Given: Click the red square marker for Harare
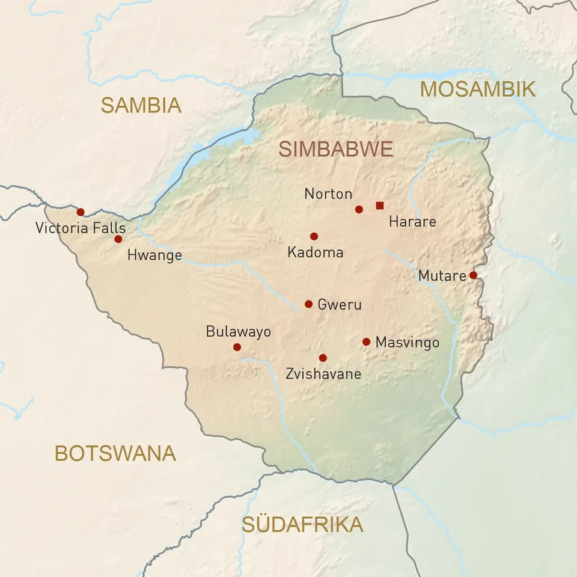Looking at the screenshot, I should (x=379, y=206).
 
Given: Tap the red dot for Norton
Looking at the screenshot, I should (x=359, y=209).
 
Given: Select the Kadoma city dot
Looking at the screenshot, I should (x=314, y=236).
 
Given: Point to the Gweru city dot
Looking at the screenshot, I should (x=308, y=304).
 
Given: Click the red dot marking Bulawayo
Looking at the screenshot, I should (x=237, y=347).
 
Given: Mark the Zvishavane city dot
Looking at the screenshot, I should (x=323, y=358).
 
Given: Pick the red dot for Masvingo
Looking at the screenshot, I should (x=366, y=341).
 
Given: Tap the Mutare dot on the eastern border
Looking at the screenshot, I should (x=473, y=275).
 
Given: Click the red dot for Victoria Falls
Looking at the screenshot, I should (x=81, y=212).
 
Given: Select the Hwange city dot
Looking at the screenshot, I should (x=118, y=239).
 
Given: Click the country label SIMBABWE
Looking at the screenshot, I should (x=336, y=149).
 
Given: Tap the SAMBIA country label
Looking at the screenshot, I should (x=141, y=105).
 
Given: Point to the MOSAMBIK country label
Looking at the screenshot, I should (x=477, y=89).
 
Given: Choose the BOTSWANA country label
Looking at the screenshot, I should (x=115, y=453).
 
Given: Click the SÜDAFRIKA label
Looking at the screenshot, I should (x=302, y=524).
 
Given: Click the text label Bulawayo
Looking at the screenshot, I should (x=238, y=331).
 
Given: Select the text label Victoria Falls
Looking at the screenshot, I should (x=81, y=228).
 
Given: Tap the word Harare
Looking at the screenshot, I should (x=412, y=221).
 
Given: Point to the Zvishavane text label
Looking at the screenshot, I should (x=323, y=374).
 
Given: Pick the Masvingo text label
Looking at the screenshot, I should (x=407, y=343).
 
